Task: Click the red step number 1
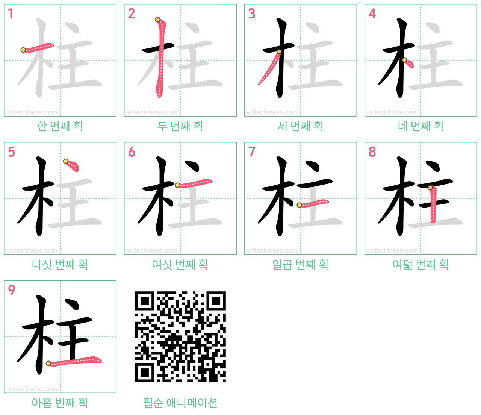click(10, 14)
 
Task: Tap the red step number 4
click(372, 14)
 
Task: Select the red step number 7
click(252, 152)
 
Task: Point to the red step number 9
click(11, 290)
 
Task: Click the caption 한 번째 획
click(60, 126)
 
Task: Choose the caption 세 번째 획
click(300, 126)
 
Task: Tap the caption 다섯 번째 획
click(60, 264)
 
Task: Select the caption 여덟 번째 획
click(421, 264)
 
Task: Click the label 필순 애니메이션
click(180, 403)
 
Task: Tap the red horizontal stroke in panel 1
click(38, 47)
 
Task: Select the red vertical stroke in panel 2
click(160, 58)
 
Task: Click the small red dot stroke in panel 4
click(408, 63)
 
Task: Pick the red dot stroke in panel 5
click(72, 165)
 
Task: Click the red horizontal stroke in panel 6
click(194, 183)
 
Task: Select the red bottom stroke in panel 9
click(74, 361)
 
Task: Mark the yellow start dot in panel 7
click(299, 205)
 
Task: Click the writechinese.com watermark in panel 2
click(151, 112)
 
